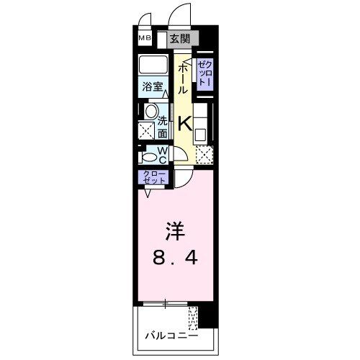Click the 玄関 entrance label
pyautogui.click(x=180, y=40)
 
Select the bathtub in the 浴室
pyautogui.click(x=154, y=66)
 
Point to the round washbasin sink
pyautogui.click(x=150, y=111)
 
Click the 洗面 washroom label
pyautogui.click(x=163, y=127)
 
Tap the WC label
pyautogui.click(x=162, y=155)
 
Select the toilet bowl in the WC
pyautogui.click(x=148, y=156)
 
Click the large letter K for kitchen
pyautogui.click(x=184, y=124)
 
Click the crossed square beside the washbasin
pyautogui.click(x=147, y=130)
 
